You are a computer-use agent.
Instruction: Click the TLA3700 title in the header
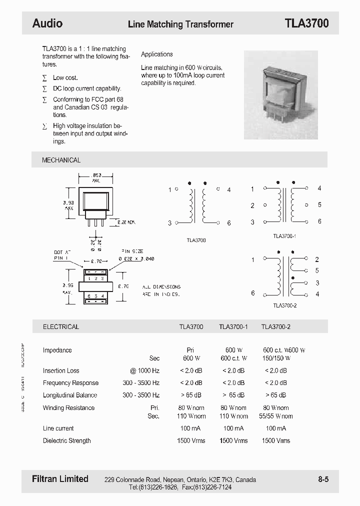pos(306,23)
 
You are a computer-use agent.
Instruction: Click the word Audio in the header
pos(47,23)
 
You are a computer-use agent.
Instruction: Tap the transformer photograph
pos(273,95)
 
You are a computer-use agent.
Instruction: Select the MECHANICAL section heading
pos(61,160)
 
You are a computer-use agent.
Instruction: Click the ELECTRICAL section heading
pos(61,327)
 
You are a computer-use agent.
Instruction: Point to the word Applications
pos(157,54)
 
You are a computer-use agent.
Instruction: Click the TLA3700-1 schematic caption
pos(284,236)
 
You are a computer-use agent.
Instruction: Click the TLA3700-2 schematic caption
pos(285,305)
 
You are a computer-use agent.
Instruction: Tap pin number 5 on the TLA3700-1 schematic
pos(319,205)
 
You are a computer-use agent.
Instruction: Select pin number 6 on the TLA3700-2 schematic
pos(253,293)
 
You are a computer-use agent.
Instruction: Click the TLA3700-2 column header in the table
pos(276,327)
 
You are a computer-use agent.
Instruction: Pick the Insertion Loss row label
pos(61,370)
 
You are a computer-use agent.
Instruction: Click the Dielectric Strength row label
pos(67,440)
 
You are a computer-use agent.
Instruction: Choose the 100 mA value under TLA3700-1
pos(233,428)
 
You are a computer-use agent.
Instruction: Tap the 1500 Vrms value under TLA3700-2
pos(275,440)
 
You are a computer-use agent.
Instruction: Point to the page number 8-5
pos(323,479)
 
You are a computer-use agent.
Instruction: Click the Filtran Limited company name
pos(60,479)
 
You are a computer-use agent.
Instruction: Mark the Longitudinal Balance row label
pos(70,395)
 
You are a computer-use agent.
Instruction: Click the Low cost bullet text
pos(65,77)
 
